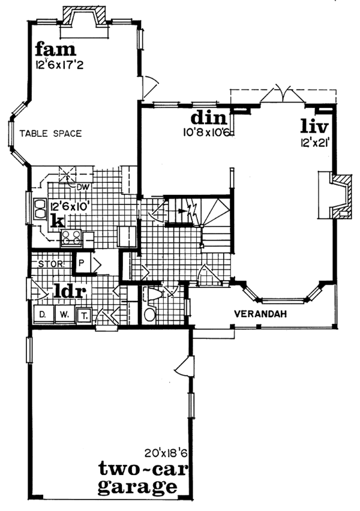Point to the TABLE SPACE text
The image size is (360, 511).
50,134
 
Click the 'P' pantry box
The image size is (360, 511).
81,263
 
